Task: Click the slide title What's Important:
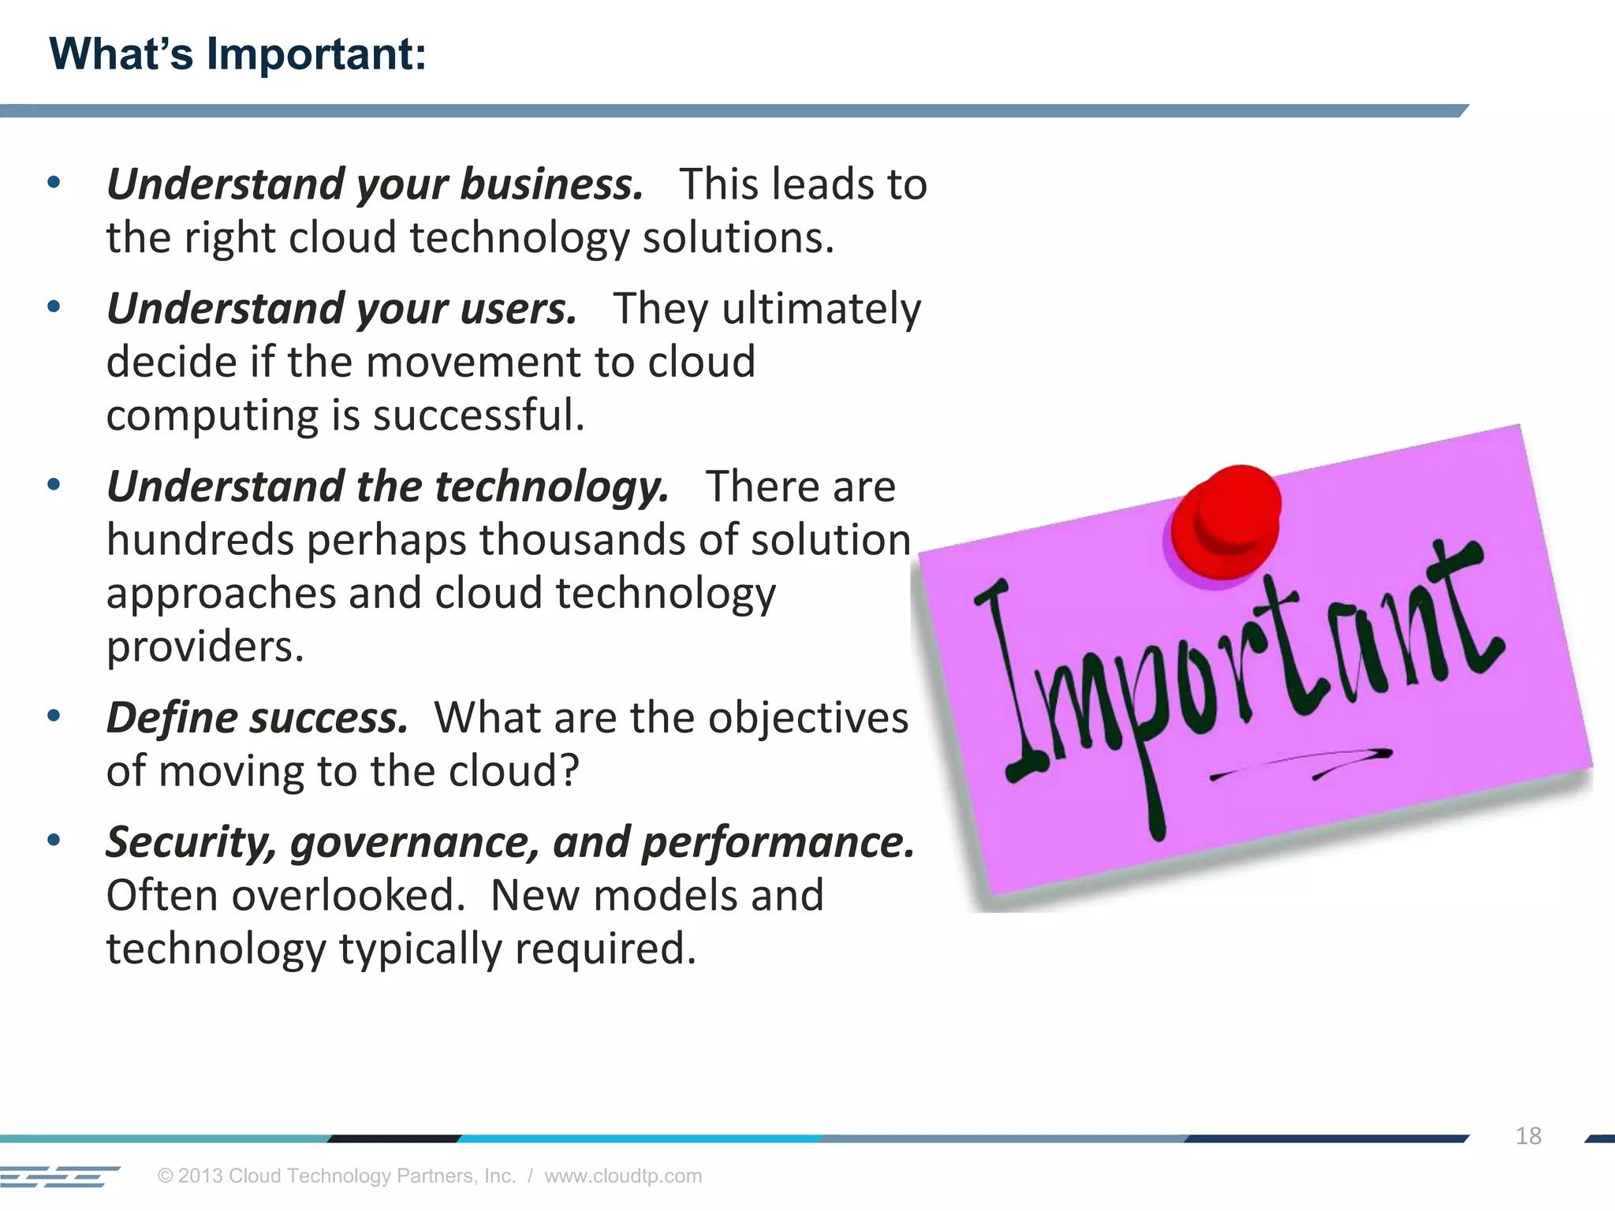(237, 54)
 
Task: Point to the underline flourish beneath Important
(1302, 763)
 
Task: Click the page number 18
(1527, 1136)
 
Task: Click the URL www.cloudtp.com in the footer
(623, 1176)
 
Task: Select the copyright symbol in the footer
(165, 1176)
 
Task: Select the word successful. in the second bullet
(479, 415)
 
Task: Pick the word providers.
(205, 646)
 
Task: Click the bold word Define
(172, 718)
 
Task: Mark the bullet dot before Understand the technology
(54, 484)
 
